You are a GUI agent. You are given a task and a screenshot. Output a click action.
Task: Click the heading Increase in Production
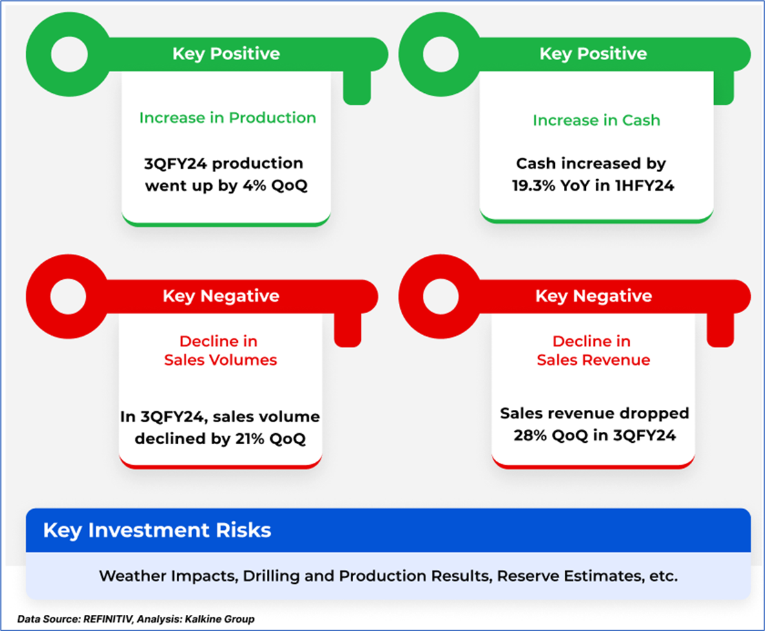(x=228, y=117)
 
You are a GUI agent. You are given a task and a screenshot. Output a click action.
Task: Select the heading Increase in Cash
(x=596, y=120)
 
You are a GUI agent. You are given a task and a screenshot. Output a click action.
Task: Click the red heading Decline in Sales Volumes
(x=220, y=351)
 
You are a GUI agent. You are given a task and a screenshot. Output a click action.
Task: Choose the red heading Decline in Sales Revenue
(x=594, y=351)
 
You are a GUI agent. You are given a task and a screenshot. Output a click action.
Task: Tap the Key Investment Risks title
(x=157, y=530)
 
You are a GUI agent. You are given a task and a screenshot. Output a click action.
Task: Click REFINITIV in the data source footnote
(x=108, y=619)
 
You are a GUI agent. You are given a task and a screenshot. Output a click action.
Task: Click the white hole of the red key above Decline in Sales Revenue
(x=441, y=296)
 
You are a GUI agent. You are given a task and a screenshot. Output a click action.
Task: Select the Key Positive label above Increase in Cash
(x=594, y=53)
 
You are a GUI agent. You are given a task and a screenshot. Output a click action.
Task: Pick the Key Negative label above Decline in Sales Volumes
(x=221, y=296)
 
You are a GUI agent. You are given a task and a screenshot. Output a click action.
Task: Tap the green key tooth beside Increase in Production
(x=357, y=88)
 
